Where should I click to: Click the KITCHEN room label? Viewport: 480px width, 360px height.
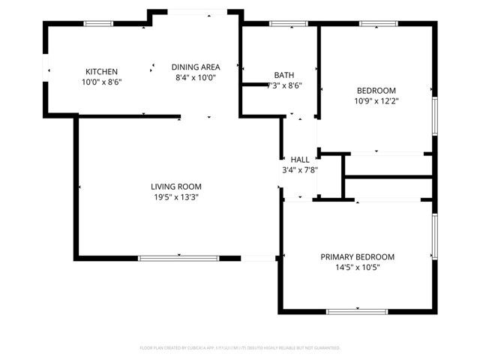coord(101,71)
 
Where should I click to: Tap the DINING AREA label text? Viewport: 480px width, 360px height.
coord(195,67)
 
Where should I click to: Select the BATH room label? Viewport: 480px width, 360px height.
coord(284,75)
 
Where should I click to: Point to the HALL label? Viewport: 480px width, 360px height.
coord(300,160)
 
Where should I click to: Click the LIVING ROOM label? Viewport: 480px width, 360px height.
coord(176,187)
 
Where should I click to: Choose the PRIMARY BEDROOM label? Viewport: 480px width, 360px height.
coord(358,256)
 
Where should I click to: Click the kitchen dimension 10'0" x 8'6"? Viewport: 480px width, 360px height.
coord(101,81)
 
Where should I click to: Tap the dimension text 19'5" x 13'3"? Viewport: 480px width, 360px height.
coord(176,197)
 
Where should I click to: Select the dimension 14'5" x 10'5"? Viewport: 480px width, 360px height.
coord(358,267)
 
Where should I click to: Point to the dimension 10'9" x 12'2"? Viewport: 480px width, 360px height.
coord(376,100)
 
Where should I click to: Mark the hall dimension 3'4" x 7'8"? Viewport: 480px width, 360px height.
coord(300,169)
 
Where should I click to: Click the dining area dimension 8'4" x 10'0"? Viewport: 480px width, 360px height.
coord(195,76)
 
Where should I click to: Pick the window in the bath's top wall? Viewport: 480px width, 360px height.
coord(283,24)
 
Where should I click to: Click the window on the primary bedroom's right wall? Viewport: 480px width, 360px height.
coord(433,235)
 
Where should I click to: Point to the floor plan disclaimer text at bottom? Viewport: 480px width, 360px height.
coord(240,348)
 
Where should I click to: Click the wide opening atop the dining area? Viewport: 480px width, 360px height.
coord(196,11)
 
